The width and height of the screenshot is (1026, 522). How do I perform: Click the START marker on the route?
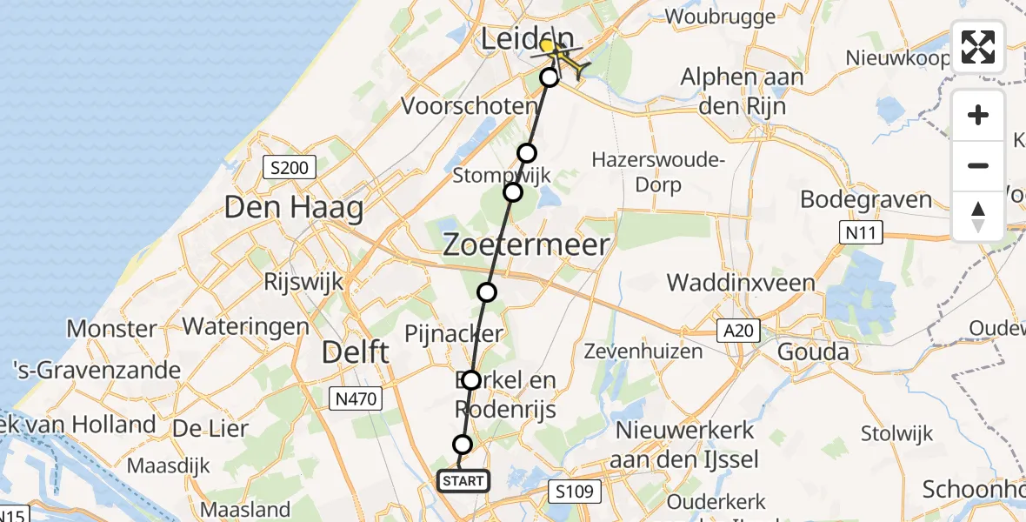tap(463, 480)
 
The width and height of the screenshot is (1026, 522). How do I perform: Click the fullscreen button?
tap(978, 47)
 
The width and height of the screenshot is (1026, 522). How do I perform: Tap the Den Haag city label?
tap(294, 209)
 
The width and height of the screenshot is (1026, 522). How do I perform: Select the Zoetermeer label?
tap(526, 244)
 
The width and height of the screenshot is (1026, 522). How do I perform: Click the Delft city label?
tap(355, 352)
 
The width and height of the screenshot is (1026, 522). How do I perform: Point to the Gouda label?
tap(812, 352)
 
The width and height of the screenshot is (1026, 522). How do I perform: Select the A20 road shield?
tap(739, 330)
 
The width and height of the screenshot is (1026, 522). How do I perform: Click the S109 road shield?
tap(576, 492)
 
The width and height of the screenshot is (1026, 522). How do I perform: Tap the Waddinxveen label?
tap(741, 283)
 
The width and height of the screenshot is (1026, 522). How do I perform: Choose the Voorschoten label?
tap(469, 106)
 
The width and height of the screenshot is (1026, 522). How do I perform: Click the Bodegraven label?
tap(865, 199)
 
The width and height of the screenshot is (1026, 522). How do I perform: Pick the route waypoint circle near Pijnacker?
tap(487, 292)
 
